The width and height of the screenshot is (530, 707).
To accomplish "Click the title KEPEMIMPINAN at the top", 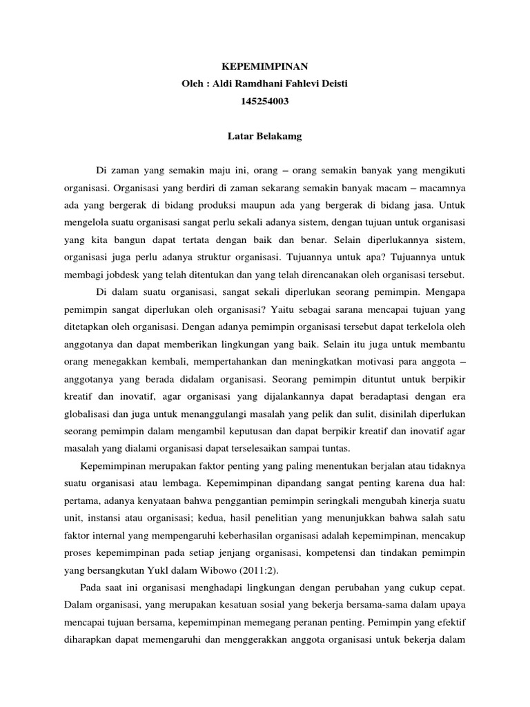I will (x=265, y=67).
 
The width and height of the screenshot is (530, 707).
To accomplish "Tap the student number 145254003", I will (x=265, y=101).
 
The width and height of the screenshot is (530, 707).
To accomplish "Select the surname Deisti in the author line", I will (x=331, y=84).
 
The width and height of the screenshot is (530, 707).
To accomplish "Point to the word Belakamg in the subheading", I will (x=281, y=137).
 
